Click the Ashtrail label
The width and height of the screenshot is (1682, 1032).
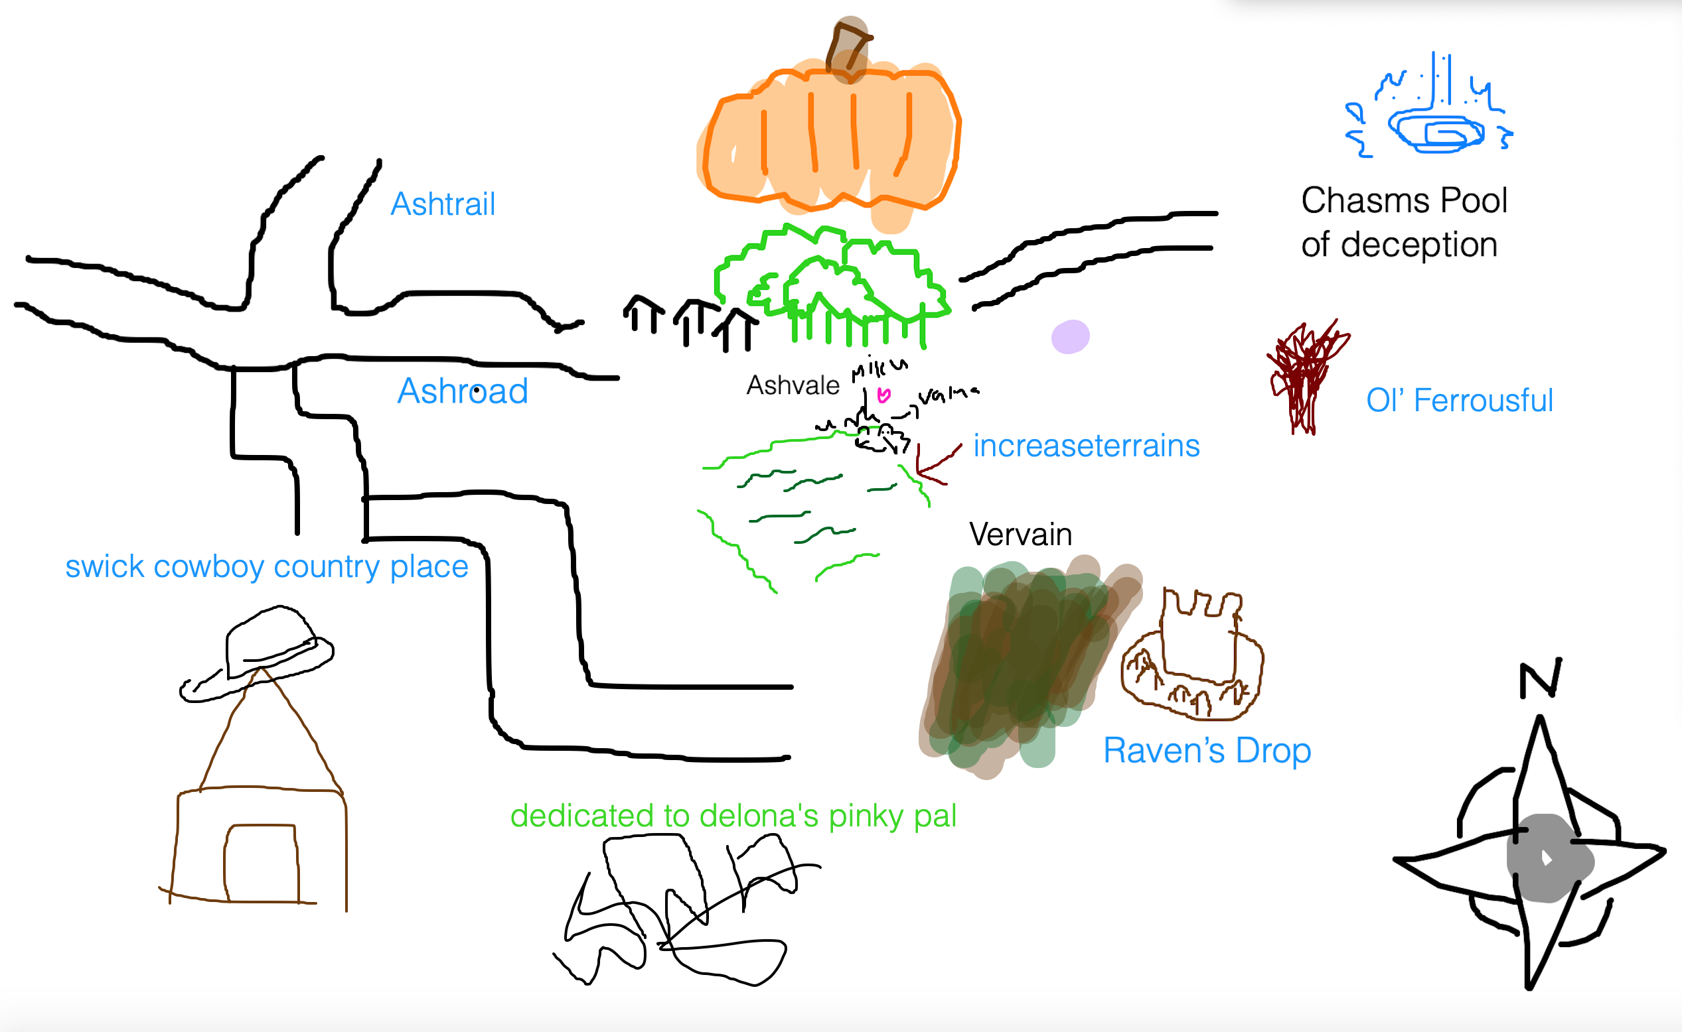(x=443, y=204)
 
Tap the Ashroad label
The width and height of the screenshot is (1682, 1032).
(x=463, y=391)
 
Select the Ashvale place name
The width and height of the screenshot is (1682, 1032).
(x=792, y=385)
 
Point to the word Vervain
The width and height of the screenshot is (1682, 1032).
(x=1020, y=535)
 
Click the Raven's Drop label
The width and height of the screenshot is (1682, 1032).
(x=1207, y=751)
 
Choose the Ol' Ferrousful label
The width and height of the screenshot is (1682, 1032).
(x=1459, y=401)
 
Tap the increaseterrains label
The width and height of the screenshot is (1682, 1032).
(x=1086, y=446)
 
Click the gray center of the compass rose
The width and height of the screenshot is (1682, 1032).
(x=1548, y=858)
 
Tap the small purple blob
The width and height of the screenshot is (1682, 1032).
(x=1070, y=336)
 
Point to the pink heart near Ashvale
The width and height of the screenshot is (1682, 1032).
(x=883, y=395)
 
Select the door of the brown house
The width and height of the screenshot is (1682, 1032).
(x=261, y=863)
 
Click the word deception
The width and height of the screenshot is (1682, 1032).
(x=1418, y=245)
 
